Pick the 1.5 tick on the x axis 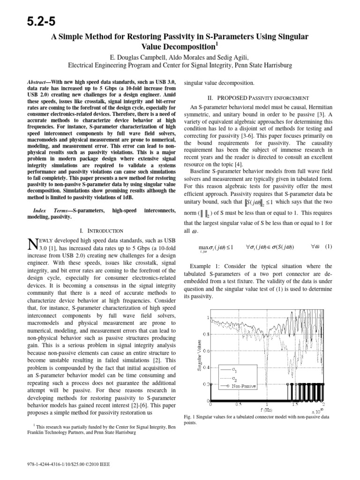point(295,404)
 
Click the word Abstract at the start point(39,82)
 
